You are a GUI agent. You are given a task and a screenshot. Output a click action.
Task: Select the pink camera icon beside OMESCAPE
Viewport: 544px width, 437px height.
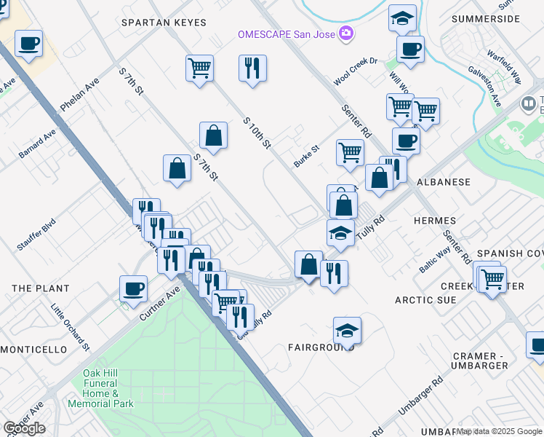click(x=348, y=34)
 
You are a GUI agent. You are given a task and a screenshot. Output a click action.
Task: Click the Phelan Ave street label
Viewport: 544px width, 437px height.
click(x=79, y=95)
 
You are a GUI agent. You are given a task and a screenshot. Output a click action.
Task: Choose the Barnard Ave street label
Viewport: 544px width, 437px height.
click(x=37, y=143)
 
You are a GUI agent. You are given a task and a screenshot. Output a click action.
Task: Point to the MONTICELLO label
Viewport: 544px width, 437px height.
click(x=33, y=350)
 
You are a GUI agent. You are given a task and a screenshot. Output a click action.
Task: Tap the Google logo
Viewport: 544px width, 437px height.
click(x=24, y=428)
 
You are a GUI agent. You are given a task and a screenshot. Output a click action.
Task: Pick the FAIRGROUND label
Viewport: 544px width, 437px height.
click(x=320, y=347)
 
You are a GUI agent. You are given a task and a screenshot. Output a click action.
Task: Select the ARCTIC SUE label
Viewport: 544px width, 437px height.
click(x=425, y=299)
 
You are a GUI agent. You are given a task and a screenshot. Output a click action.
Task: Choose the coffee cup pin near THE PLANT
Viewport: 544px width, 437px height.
click(x=134, y=288)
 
